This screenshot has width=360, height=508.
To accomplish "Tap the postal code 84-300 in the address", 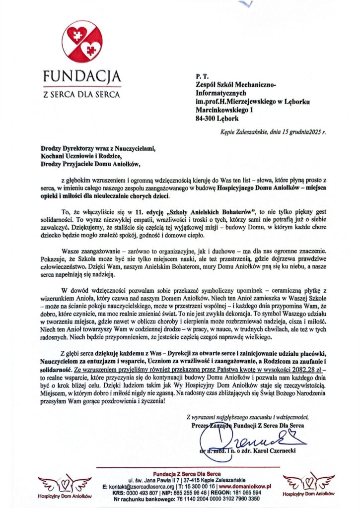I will pos(208,119).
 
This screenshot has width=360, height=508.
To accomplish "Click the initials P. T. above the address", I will pos(201,76).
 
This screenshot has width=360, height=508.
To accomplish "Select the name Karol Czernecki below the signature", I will pos(271,452).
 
